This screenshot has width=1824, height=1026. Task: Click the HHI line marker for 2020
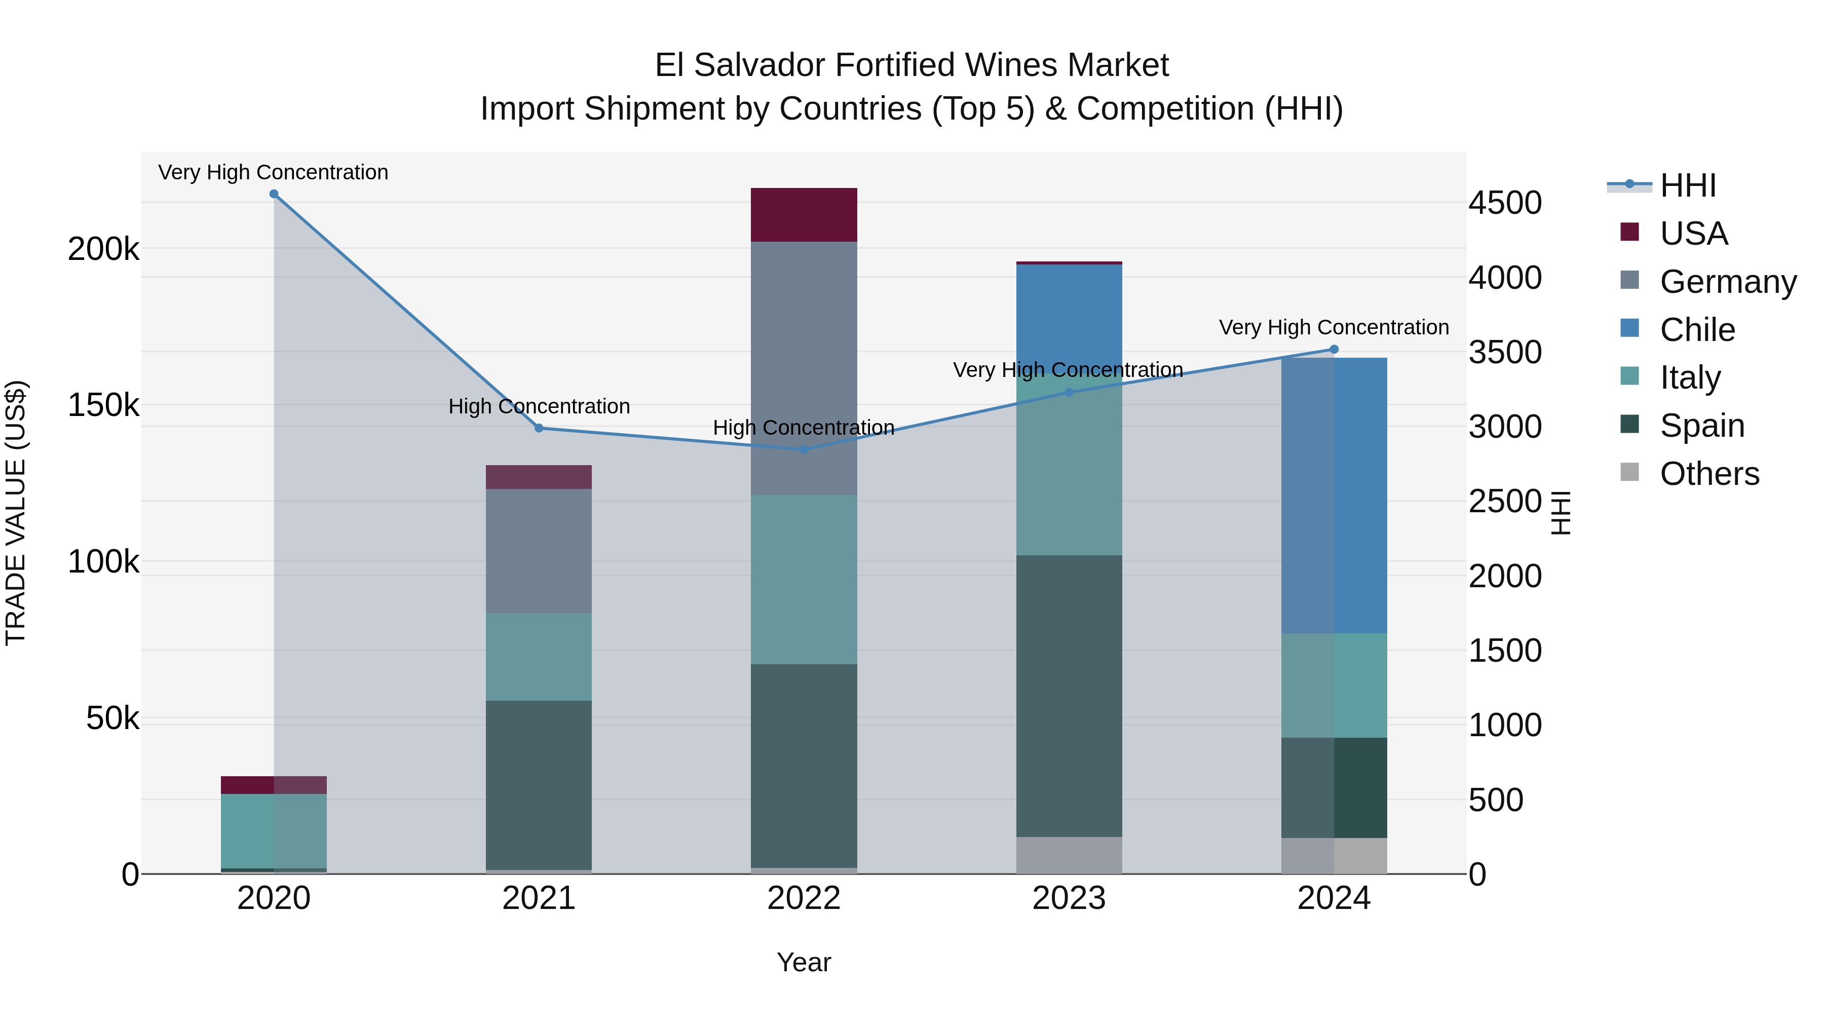coord(274,194)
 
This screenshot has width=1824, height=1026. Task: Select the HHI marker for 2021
coord(539,428)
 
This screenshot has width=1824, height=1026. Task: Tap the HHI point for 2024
coord(1334,349)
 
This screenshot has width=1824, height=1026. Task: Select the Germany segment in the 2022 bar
coord(804,368)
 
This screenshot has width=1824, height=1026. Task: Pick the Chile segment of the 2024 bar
coord(1334,496)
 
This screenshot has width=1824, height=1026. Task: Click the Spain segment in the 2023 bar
coord(1069,696)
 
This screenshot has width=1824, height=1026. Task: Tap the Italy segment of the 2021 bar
coord(539,657)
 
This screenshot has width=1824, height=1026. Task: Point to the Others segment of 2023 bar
coord(1069,855)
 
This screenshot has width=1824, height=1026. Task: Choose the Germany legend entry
coord(1728,282)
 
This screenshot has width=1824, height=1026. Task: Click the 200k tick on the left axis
coord(103,249)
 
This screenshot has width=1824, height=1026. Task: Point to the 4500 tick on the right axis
coord(1505,203)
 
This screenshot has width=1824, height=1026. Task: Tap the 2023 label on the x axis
coord(1069,898)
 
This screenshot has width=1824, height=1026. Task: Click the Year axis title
coord(804,962)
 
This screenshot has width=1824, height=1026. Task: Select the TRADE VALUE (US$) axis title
coord(16,513)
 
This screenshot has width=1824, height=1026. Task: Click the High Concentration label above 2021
coord(539,406)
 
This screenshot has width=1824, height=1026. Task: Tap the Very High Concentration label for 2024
coord(1334,327)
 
